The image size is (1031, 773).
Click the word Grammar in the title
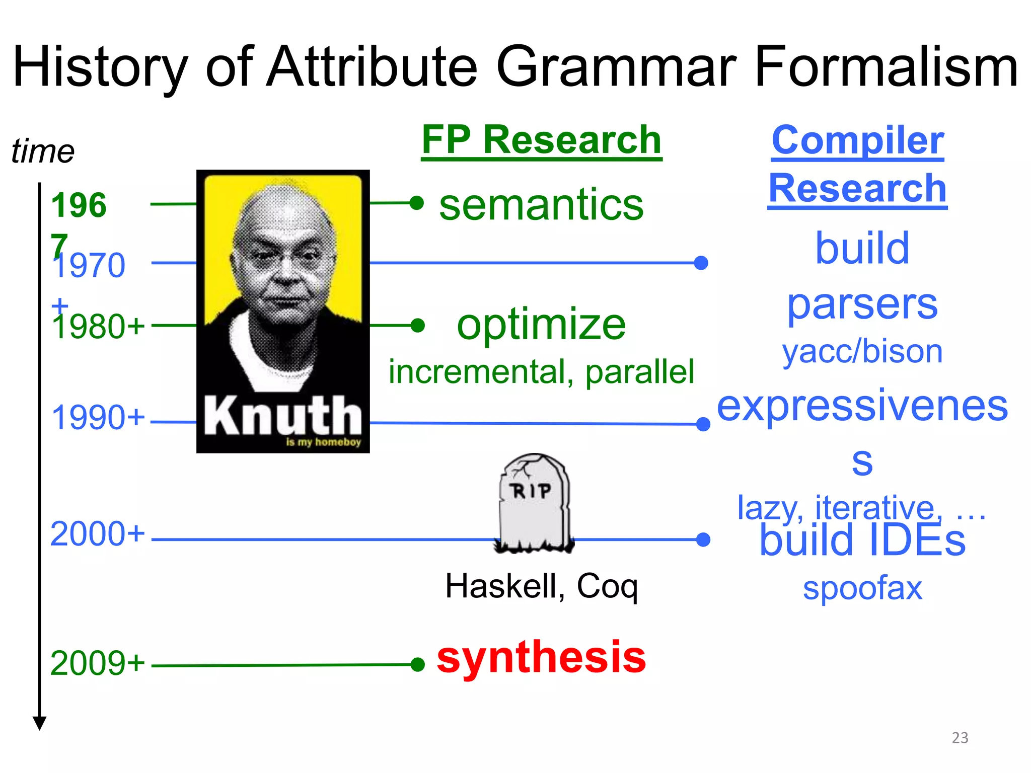(x=616, y=68)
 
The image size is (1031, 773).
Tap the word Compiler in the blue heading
(x=857, y=140)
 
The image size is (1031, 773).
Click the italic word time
(x=43, y=151)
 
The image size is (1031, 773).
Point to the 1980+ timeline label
(x=98, y=327)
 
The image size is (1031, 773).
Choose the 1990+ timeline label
(x=98, y=418)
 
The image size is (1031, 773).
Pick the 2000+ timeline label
(x=97, y=534)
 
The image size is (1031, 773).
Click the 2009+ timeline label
(x=97, y=663)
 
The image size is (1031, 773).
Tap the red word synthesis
(x=541, y=657)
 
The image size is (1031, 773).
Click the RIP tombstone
(x=534, y=503)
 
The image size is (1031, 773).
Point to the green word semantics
(x=541, y=204)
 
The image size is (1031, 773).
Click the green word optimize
(x=541, y=325)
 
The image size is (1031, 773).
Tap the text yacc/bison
(x=862, y=351)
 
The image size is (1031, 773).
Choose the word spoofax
(x=862, y=588)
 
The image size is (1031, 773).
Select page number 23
(x=960, y=738)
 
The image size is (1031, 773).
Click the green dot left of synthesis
(x=417, y=665)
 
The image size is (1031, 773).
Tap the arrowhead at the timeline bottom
(x=40, y=724)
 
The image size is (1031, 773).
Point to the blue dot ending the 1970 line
(x=701, y=263)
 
